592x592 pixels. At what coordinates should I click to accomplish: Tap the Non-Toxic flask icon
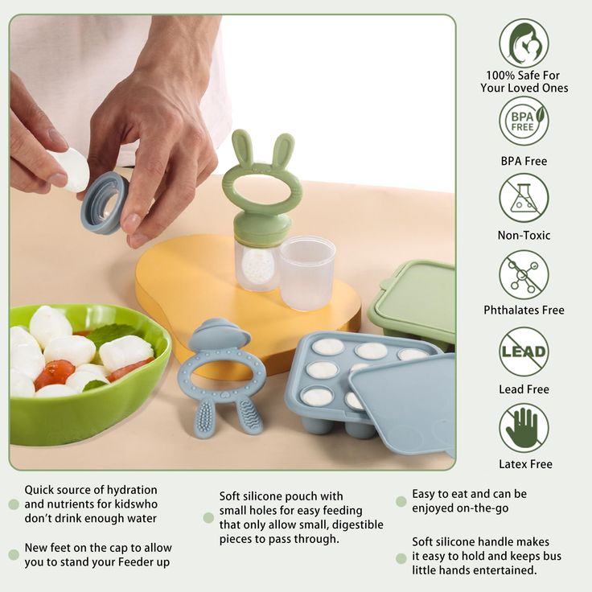[x=524, y=198]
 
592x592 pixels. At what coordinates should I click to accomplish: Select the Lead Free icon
[x=524, y=351]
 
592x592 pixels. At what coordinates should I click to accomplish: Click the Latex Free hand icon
[x=524, y=427]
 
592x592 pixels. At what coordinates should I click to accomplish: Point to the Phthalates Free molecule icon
[x=524, y=274]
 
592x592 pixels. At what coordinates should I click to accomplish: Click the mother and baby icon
[x=524, y=43]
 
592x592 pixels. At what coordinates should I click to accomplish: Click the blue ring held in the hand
[x=105, y=202]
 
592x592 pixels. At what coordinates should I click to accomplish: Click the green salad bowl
[x=88, y=410]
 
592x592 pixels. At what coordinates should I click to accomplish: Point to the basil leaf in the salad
[x=113, y=334]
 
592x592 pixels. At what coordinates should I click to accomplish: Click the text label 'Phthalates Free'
[x=524, y=310]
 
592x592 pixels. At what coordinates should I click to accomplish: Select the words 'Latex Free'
[x=524, y=464]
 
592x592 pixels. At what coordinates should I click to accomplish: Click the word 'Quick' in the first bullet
[x=40, y=490]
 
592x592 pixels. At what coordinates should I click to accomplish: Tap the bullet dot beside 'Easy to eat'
[x=401, y=501]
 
